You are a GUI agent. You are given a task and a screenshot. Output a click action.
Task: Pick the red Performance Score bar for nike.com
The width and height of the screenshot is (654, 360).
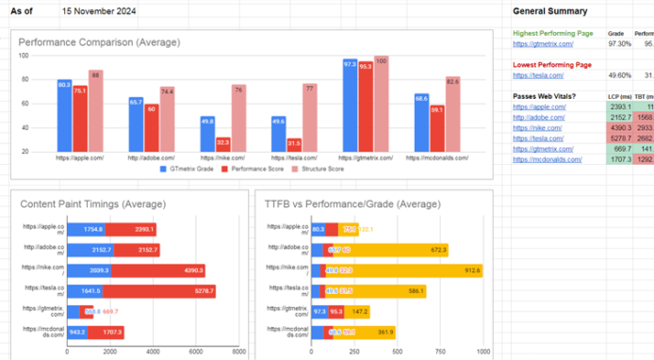tap(223, 144)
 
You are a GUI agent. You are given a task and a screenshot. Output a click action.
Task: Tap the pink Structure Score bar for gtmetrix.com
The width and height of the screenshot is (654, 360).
tap(381, 104)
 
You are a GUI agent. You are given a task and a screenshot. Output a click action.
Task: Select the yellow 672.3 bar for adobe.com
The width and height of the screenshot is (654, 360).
tap(406, 249)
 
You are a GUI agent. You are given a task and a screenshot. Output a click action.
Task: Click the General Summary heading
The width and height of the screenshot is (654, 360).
tap(549, 11)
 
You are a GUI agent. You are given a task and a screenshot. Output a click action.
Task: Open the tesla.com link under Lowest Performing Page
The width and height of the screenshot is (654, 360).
tap(536, 76)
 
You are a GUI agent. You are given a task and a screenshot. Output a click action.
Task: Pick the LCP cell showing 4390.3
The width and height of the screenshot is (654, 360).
tap(620, 127)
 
